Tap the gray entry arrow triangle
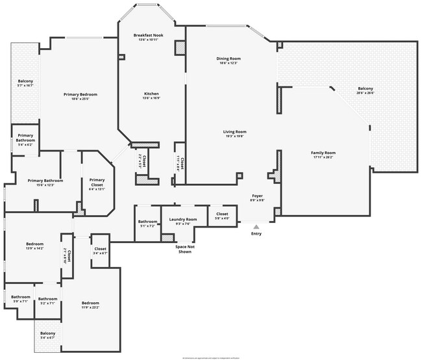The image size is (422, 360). (x=256, y=226)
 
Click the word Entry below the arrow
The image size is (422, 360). (x=256, y=234)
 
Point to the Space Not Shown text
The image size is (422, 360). (x=184, y=249)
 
